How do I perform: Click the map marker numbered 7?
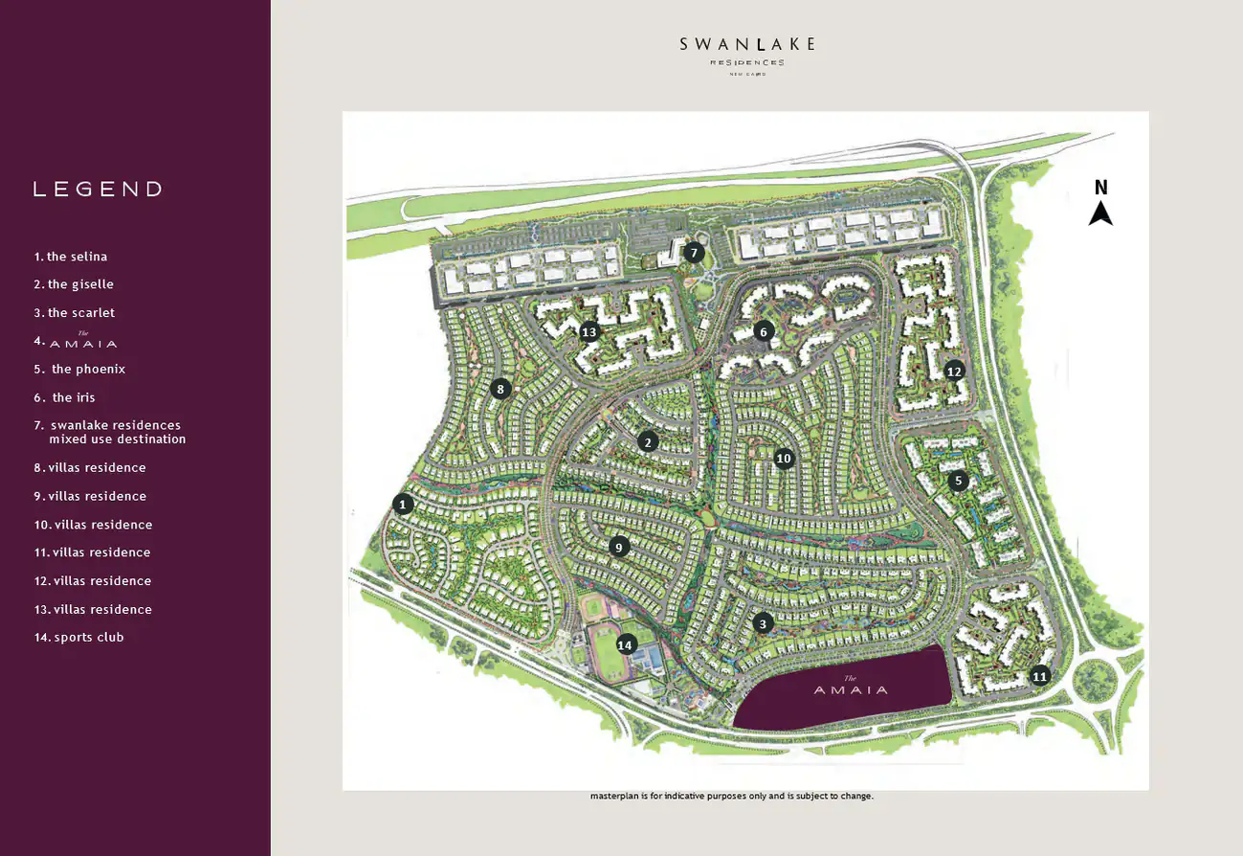tap(694, 253)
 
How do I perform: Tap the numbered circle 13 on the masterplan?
tap(588, 332)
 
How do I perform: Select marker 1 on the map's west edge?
tap(403, 504)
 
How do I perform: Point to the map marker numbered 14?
tap(626, 644)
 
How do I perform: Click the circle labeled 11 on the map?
tap(1040, 676)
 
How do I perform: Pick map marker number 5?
tap(958, 481)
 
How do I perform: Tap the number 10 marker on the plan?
tap(784, 459)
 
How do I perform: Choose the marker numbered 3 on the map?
tap(763, 623)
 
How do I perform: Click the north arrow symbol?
tap(1100, 214)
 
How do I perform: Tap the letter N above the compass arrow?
tap(1101, 188)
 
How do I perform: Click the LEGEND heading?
tap(98, 190)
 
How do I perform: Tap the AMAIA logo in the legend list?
tap(83, 342)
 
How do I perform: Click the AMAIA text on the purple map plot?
tap(851, 688)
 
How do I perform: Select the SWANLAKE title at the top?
tap(747, 44)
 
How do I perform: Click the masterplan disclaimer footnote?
tap(731, 796)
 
